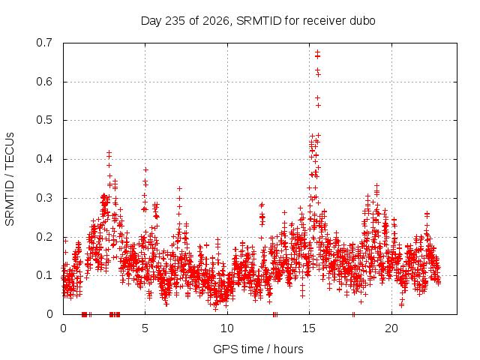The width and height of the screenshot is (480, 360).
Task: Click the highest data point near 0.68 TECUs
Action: [x=318, y=52]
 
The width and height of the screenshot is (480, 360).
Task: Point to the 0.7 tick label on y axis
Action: [x=44, y=43]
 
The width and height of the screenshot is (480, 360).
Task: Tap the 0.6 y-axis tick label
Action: [x=44, y=82]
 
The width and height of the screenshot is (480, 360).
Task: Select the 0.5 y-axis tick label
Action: [x=44, y=120]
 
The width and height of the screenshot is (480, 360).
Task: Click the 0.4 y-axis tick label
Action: [x=44, y=159]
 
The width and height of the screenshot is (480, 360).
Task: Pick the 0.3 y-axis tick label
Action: [x=44, y=198]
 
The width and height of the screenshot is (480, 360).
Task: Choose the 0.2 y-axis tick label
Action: [x=44, y=237]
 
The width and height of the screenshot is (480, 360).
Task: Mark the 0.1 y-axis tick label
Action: [x=44, y=275]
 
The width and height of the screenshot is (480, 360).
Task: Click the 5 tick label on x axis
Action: [x=145, y=328]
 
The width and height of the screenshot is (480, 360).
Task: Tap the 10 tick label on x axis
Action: [x=227, y=328]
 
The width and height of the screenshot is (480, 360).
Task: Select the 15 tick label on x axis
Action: [x=309, y=328]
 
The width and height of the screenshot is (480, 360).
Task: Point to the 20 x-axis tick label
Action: [x=391, y=328]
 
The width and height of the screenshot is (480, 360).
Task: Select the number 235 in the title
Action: [x=175, y=21]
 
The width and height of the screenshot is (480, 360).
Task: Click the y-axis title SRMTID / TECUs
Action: [x=10, y=179]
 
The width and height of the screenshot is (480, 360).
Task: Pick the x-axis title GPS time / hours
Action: [x=258, y=349]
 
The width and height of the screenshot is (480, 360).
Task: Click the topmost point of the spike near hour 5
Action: [x=145, y=170]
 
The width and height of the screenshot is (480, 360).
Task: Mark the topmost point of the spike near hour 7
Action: [x=180, y=188]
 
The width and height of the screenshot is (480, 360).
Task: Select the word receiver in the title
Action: [x=324, y=21]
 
